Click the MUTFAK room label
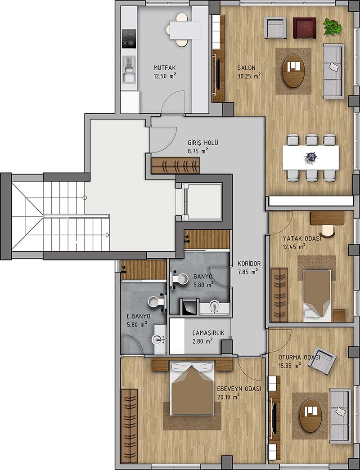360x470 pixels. coord(164,68)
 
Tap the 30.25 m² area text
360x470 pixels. coord(249,76)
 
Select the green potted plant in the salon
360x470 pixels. coord(333,27)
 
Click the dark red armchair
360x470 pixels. coord(304,28)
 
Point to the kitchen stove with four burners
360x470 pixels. coord(129,39)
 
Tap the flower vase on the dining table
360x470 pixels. coord(310,157)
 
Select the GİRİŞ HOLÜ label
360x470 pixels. coord(203,143)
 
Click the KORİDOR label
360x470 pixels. coord(249,264)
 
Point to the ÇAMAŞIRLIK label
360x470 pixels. coord(208,333)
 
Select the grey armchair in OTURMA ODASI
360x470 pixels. coord(322,360)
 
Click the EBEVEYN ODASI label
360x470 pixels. coord(239,389)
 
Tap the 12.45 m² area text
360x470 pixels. coord(294,247)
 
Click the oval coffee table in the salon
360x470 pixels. coord(294,71)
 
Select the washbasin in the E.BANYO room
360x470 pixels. coord(158,340)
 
